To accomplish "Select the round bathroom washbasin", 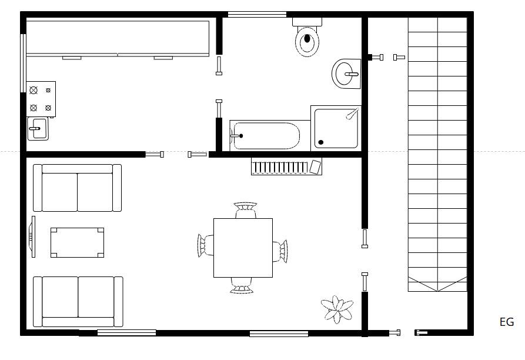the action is (x=346, y=74).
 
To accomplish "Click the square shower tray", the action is (x=336, y=128).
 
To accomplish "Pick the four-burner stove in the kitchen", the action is (x=41, y=99).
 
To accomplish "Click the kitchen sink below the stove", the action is (x=38, y=129).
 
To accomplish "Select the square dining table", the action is (x=243, y=248).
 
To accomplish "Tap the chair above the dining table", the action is (x=245, y=210).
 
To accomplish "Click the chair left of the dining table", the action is (x=205, y=245).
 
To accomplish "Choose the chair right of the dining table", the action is (x=280, y=251).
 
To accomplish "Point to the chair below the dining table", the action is (x=242, y=286).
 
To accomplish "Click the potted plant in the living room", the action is (x=337, y=309).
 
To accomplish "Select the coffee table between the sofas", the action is (x=78, y=243).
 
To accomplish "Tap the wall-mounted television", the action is (x=32, y=236).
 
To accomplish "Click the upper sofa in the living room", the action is (x=78, y=188).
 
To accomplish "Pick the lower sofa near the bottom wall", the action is (x=78, y=302).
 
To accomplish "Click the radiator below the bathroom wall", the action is (x=287, y=166).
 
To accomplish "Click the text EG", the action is (x=507, y=322).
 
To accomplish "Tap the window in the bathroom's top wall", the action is (x=257, y=14).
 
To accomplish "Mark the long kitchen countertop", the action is (x=118, y=38).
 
